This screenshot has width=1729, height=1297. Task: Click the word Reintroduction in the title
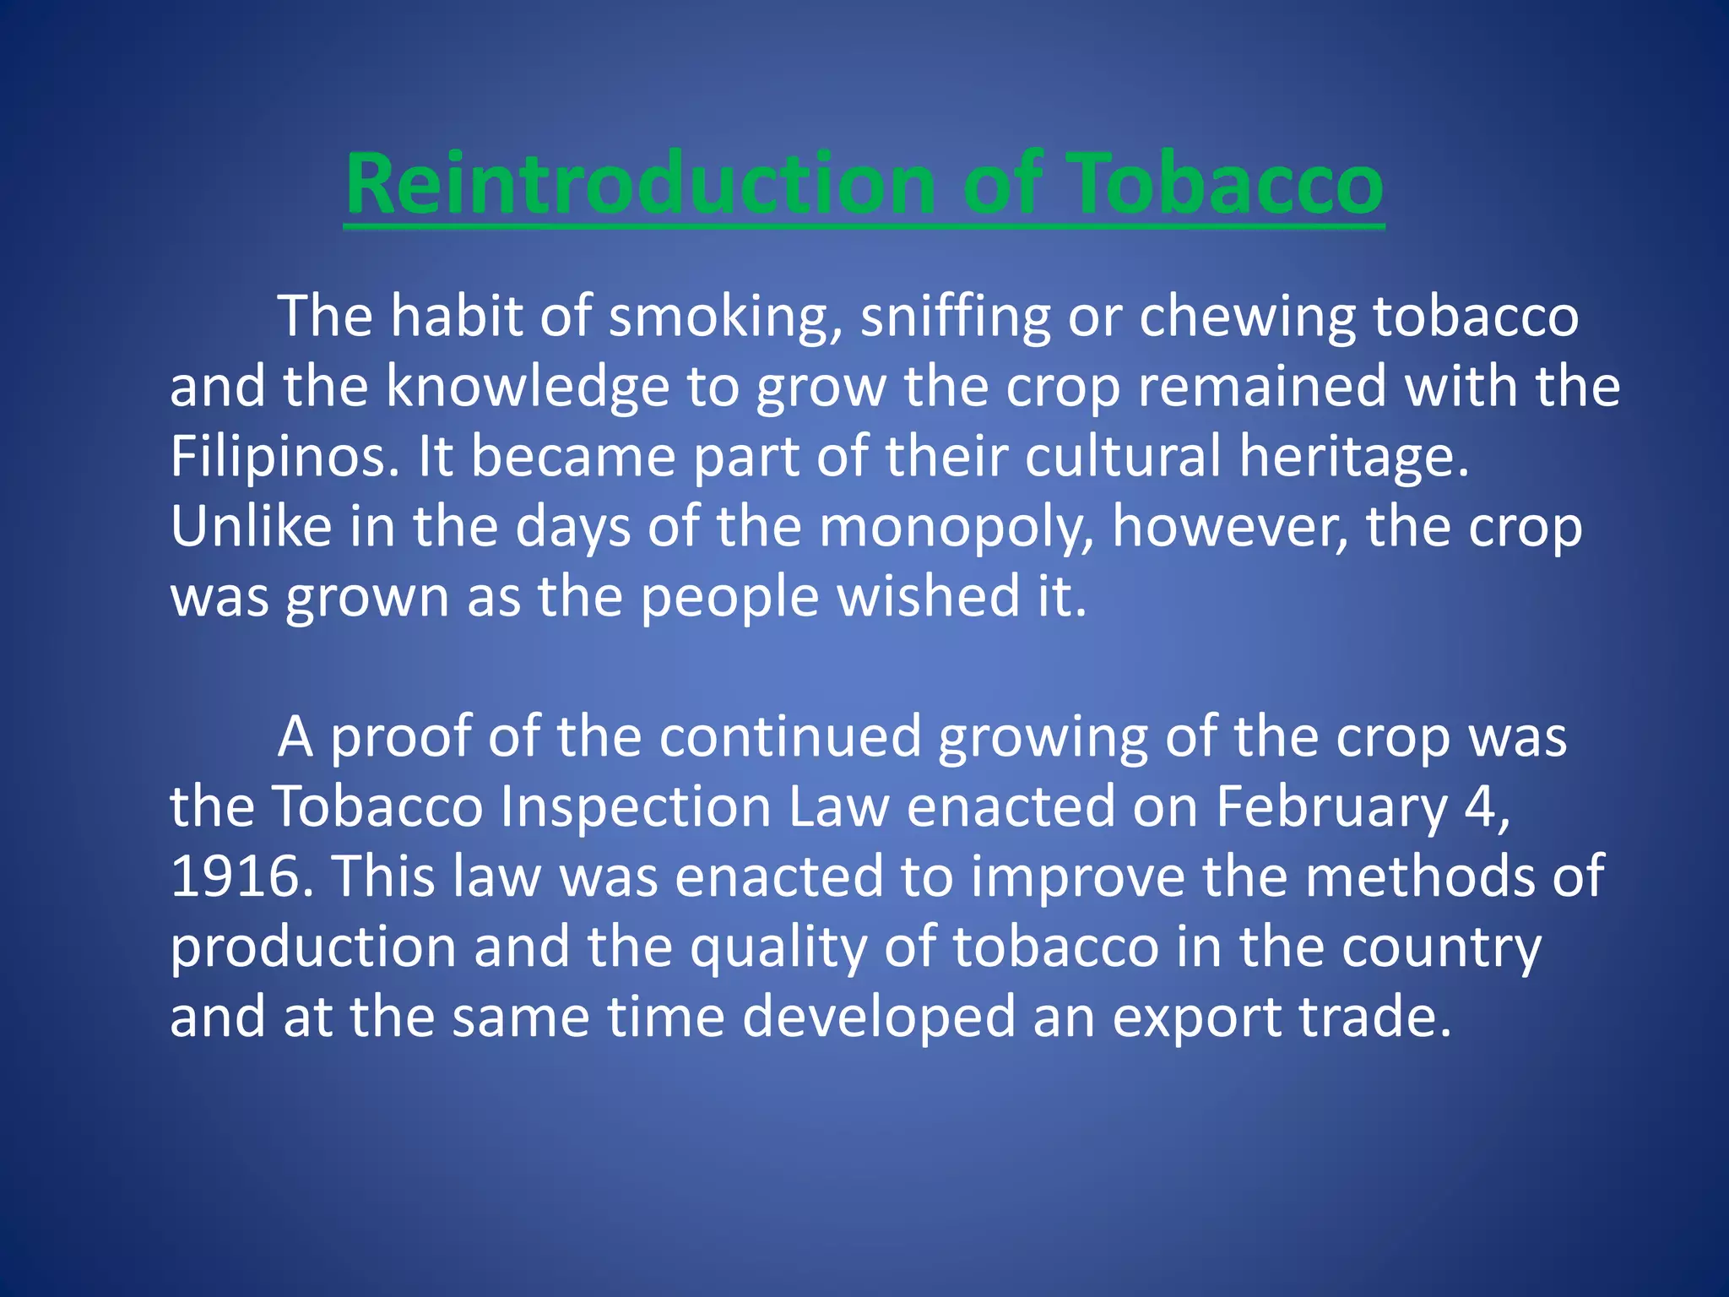[x=639, y=185]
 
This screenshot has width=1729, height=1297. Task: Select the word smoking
[x=725, y=317]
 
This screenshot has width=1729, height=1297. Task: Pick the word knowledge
[x=528, y=387]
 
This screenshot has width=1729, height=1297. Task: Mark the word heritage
[x=1354, y=457]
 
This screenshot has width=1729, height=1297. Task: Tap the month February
[x=1331, y=807]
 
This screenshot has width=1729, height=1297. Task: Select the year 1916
[x=236, y=876]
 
